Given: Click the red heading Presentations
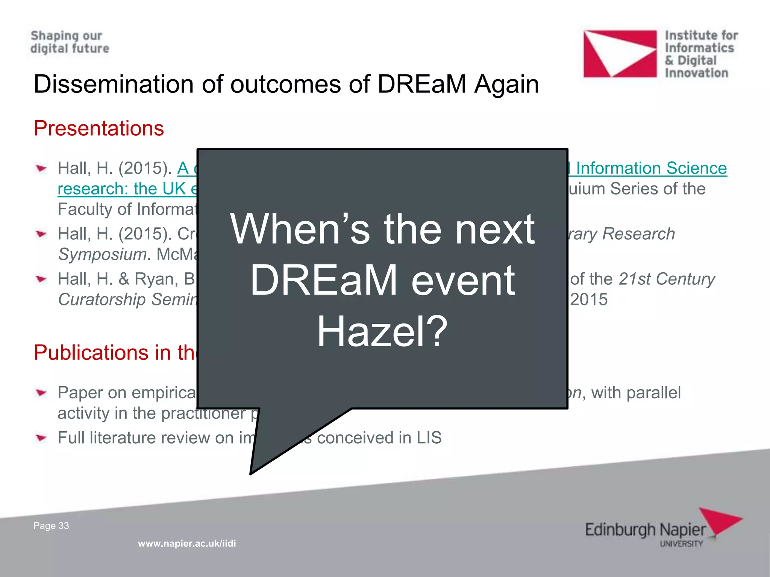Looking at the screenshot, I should (99, 128).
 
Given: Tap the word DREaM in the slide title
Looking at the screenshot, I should (422, 84).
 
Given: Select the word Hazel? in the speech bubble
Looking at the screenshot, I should (382, 331).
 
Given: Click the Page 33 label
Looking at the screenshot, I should (51, 526).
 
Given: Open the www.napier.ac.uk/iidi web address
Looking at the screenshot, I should (187, 543).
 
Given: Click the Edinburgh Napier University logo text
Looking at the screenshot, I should (645, 530).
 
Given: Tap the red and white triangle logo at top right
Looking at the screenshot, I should (620, 54).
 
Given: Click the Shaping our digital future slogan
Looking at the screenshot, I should (70, 42).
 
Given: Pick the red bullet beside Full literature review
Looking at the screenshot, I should (41, 438).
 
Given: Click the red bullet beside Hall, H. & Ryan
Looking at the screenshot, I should (41, 279).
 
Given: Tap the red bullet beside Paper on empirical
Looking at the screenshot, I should (41, 393).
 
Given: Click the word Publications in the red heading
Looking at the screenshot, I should (91, 353).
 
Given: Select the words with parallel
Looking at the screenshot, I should (636, 393).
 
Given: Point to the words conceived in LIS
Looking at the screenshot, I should (379, 438).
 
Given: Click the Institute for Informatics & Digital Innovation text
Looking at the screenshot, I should (701, 54).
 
